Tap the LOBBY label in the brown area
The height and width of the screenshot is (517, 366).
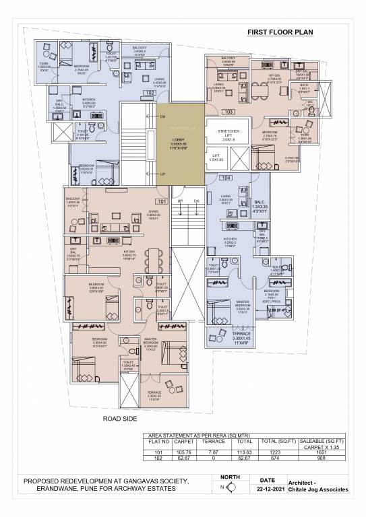click(180, 139)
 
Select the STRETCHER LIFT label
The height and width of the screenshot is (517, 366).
click(225, 133)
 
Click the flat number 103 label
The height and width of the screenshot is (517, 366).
click(228, 110)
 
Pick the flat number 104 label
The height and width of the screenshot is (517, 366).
click(225, 178)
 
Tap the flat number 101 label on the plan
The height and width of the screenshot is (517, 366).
click(161, 201)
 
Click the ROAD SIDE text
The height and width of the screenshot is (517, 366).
click(120, 418)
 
